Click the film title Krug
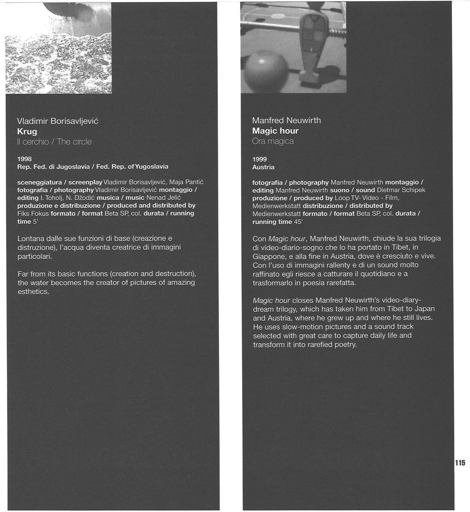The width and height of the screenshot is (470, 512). point(27,132)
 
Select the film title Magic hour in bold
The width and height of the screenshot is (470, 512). point(275,131)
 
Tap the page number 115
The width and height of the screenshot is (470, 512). point(460,463)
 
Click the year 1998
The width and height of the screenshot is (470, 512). point(24,159)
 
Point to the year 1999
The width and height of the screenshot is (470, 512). point(260,159)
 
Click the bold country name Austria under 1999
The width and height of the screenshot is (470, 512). point(264,167)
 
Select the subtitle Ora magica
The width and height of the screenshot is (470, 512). point(273,141)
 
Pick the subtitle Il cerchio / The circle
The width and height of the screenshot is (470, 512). point(54,142)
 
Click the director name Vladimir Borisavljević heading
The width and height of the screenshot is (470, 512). point(58,121)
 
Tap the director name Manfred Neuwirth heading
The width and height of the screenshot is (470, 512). point(287,121)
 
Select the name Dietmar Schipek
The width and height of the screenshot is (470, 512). point(401,190)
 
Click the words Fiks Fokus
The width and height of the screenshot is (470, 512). point(33,213)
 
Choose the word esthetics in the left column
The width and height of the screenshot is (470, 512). point(33,292)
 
